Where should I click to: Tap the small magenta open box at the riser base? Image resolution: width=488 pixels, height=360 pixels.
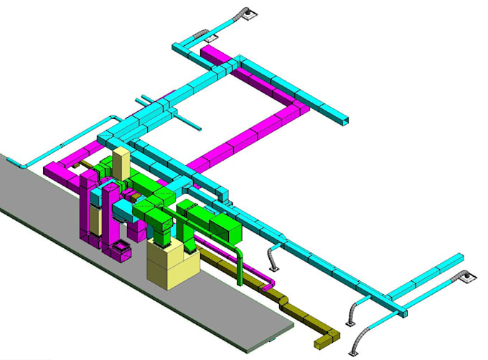click(119, 250)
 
